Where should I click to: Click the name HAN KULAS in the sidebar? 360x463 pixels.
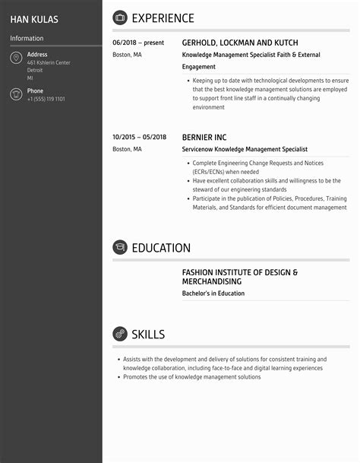click(x=34, y=18)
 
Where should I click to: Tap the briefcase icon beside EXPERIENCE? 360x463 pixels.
click(x=120, y=17)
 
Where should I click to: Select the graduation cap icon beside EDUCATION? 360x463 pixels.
click(x=120, y=247)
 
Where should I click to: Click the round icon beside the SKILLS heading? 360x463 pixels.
click(x=120, y=334)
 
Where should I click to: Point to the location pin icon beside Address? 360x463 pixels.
click(x=16, y=59)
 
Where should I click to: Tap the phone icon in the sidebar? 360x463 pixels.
click(x=16, y=94)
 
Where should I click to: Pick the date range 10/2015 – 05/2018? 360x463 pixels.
click(x=139, y=137)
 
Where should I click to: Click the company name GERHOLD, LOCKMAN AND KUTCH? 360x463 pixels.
click(x=240, y=43)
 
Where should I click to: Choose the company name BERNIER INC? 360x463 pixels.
click(x=204, y=137)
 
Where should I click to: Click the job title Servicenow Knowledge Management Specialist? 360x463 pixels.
click(x=245, y=150)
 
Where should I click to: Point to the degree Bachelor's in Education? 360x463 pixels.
click(x=213, y=293)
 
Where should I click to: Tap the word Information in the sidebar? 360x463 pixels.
click(x=27, y=38)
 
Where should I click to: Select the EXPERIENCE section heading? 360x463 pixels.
click(x=163, y=18)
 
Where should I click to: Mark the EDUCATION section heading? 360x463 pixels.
click(x=161, y=248)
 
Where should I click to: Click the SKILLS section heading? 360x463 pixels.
click(x=148, y=335)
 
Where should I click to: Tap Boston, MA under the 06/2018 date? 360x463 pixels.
click(x=127, y=55)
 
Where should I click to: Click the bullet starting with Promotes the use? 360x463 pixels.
click(x=191, y=377)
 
